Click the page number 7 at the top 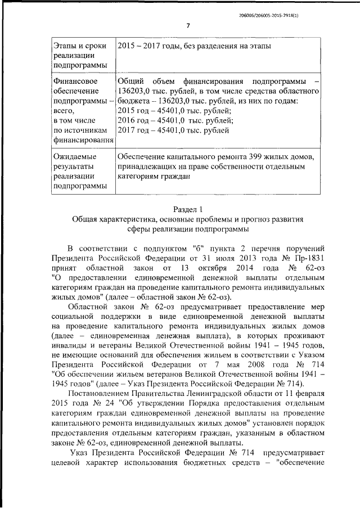(188, 25)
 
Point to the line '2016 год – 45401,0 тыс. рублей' (175, 120)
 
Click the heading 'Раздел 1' (188, 209)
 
